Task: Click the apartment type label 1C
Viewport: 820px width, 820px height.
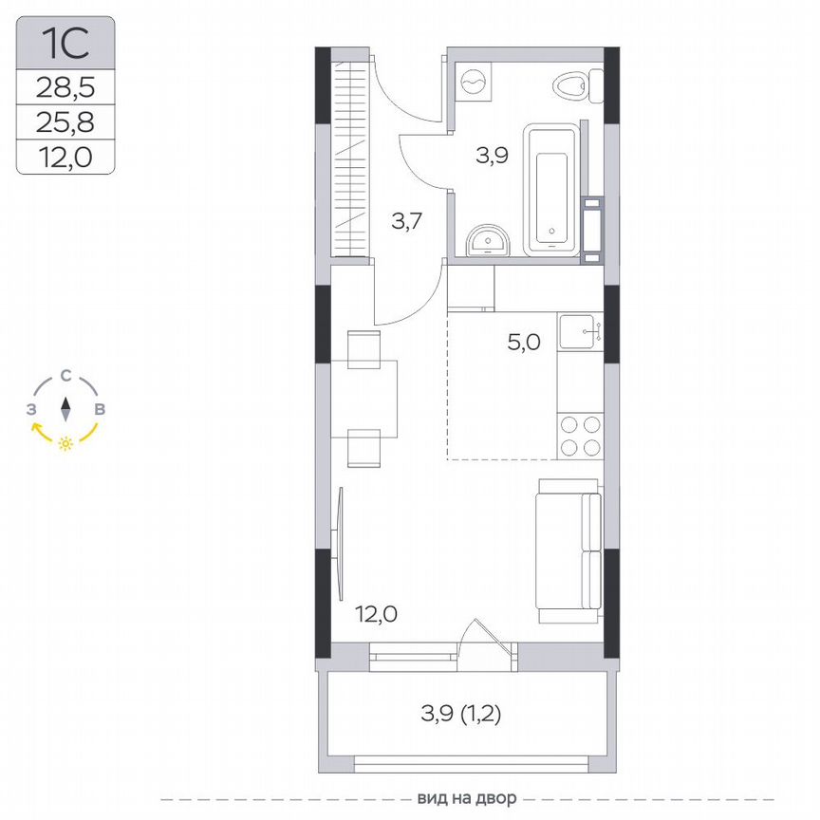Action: [65, 43]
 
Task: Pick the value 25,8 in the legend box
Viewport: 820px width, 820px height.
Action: [65, 121]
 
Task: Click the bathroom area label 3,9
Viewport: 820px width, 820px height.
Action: [493, 155]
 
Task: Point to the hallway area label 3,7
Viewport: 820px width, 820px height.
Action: [407, 221]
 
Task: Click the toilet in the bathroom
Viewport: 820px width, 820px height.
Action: [572, 86]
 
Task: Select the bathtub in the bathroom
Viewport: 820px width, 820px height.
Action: [552, 190]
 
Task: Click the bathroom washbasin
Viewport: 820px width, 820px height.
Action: [489, 242]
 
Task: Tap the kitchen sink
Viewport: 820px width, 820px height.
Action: [580, 332]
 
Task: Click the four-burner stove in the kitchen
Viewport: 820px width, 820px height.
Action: [580, 437]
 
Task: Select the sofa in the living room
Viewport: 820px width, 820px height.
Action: [568, 550]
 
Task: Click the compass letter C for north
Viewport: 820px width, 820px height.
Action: [65, 376]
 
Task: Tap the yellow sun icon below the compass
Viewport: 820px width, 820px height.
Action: [65, 443]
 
